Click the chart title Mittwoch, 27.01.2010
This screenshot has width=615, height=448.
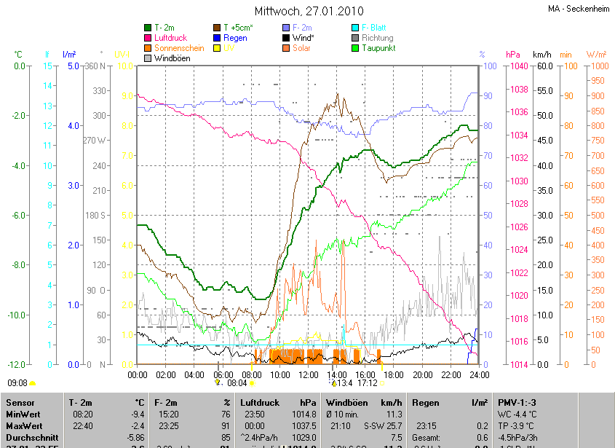(x=309, y=12)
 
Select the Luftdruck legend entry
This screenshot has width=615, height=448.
(x=171, y=38)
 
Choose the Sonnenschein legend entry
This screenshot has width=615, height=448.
(x=179, y=48)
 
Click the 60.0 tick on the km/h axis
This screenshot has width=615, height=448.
(x=542, y=66)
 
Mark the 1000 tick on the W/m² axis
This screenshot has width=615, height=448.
(x=596, y=66)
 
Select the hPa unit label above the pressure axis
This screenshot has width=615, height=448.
(x=513, y=55)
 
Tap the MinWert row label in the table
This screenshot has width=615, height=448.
(x=24, y=414)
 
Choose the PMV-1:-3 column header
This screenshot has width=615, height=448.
(x=518, y=402)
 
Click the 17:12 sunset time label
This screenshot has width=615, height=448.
(x=368, y=382)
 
